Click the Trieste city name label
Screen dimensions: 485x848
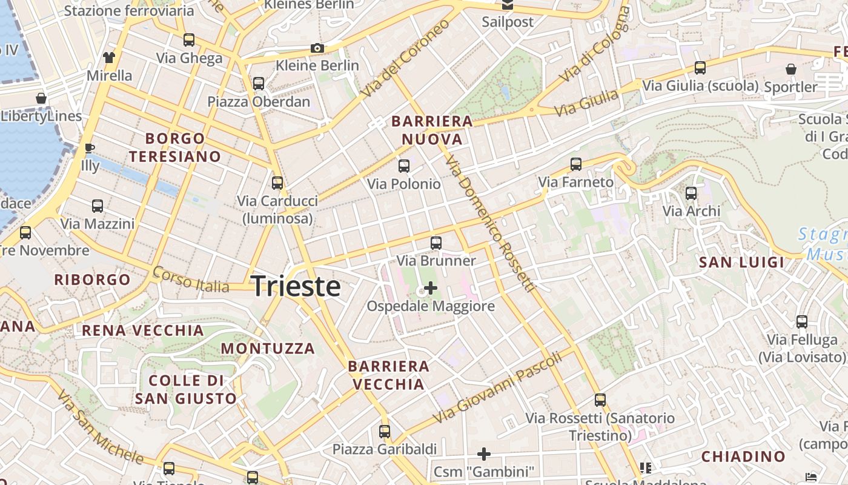[x=296, y=286]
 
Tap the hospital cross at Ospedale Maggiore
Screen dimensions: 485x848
[x=430, y=288]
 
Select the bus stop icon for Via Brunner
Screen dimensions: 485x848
[x=436, y=243]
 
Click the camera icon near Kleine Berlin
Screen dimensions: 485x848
[x=317, y=48]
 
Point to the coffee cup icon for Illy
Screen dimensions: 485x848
[x=90, y=148]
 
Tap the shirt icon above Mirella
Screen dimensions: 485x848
[x=109, y=58]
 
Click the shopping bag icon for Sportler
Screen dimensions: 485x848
[x=790, y=69]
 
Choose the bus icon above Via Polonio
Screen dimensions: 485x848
[x=403, y=166]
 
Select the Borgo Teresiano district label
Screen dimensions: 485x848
[x=175, y=147]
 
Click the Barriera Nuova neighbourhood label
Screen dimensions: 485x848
[x=432, y=130]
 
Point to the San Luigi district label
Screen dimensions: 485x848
[x=741, y=263]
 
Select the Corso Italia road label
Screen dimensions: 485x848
[x=191, y=280]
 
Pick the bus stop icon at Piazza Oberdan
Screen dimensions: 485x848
[x=259, y=83]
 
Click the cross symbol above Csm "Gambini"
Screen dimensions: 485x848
[x=483, y=453]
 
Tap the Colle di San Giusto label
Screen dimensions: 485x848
[x=186, y=390]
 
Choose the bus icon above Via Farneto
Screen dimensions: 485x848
[x=575, y=164]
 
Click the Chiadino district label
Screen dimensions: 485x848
[x=743, y=457]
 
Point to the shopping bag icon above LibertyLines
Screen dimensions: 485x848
[x=41, y=98]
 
